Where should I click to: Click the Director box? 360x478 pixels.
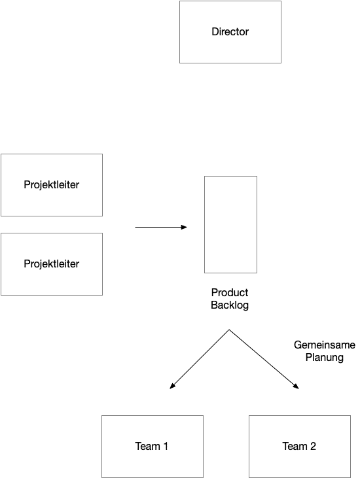click(x=230, y=32)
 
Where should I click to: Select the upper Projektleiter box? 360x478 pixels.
click(x=52, y=185)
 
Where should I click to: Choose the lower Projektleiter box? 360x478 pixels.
click(x=52, y=264)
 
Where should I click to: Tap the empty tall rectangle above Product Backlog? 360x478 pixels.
click(x=230, y=224)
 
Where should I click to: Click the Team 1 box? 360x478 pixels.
click(x=153, y=447)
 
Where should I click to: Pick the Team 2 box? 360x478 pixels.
click(x=300, y=447)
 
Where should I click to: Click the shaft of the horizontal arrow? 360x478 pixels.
click(x=158, y=227)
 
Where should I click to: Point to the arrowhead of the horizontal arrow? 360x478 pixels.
click(x=184, y=227)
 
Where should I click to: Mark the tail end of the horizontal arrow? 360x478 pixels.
click(x=135, y=227)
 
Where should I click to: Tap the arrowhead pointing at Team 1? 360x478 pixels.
click(x=172, y=386)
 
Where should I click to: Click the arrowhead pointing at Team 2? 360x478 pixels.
click(x=296, y=386)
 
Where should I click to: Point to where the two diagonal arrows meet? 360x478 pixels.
click(x=229, y=330)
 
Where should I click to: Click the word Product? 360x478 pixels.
click(x=230, y=293)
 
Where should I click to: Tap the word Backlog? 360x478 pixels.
click(x=230, y=305)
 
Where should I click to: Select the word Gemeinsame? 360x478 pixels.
click(x=325, y=345)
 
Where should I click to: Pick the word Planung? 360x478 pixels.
click(x=325, y=358)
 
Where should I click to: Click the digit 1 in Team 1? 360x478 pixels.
click(x=166, y=447)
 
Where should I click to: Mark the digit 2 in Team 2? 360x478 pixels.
click(x=313, y=447)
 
